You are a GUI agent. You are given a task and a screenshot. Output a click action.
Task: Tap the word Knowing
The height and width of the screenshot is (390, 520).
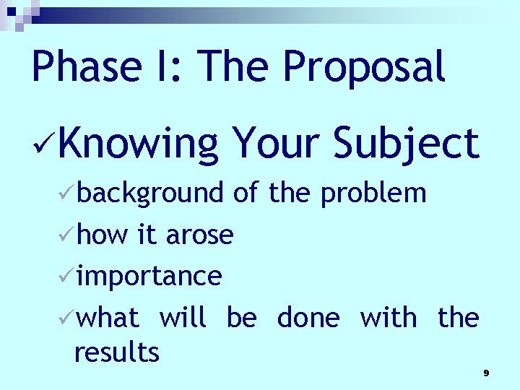click(x=139, y=144)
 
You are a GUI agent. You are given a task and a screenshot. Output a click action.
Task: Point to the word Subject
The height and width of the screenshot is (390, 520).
click(x=406, y=144)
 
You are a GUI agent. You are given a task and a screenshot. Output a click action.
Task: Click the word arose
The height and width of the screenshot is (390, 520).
click(x=199, y=235)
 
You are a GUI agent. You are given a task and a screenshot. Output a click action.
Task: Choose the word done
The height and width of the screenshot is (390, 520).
click(x=308, y=318)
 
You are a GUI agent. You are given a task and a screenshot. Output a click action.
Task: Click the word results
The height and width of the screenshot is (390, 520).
click(x=116, y=353)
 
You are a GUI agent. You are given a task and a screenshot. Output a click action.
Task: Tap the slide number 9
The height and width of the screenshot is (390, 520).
click(x=486, y=373)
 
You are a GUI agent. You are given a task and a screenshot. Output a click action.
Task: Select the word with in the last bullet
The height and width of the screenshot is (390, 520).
click(x=388, y=318)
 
